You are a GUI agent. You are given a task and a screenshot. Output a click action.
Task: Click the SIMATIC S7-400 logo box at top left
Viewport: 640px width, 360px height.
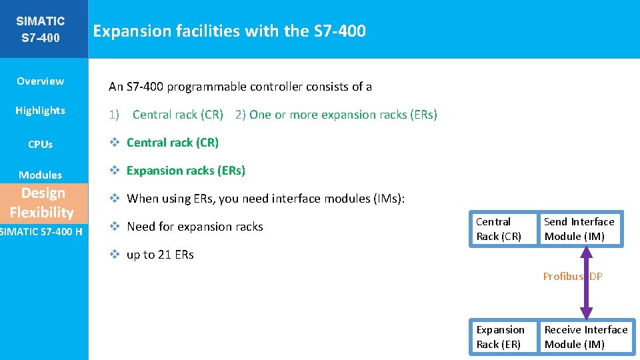pyautogui.click(x=40, y=29)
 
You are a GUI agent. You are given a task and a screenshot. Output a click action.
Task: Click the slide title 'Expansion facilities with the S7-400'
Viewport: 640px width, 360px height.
pyautogui.click(x=229, y=31)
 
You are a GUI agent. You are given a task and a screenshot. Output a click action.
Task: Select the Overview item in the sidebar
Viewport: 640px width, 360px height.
pyautogui.click(x=40, y=81)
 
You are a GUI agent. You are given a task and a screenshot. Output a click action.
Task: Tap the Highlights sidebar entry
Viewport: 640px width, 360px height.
pyautogui.click(x=40, y=111)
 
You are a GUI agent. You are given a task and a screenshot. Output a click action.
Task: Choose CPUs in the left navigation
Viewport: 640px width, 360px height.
pyautogui.click(x=40, y=144)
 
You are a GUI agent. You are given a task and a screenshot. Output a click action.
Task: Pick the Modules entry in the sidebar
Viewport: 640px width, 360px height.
pyautogui.click(x=40, y=175)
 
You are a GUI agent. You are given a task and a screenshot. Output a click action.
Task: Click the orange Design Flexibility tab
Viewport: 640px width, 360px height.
pyautogui.click(x=41, y=203)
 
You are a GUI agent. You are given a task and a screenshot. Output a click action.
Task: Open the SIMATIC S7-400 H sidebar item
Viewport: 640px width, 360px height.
pyautogui.click(x=41, y=231)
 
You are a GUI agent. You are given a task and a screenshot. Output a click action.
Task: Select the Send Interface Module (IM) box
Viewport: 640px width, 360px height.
pyautogui.click(x=579, y=229)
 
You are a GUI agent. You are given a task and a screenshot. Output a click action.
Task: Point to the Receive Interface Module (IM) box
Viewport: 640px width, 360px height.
pyautogui.click(x=585, y=337)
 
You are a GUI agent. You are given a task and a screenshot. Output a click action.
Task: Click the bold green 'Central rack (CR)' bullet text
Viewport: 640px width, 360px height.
pyautogui.click(x=173, y=143)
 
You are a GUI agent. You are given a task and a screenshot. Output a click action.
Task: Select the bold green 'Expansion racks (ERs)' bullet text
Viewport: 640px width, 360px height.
pyautogui.click(x=186, y=171)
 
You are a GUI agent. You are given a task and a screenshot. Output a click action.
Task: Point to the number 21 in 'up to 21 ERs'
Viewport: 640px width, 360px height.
pyautogui.click(x=167, y=255)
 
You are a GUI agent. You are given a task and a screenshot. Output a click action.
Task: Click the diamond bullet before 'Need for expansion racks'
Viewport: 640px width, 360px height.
pyautogui.click(x=115, y=227)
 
